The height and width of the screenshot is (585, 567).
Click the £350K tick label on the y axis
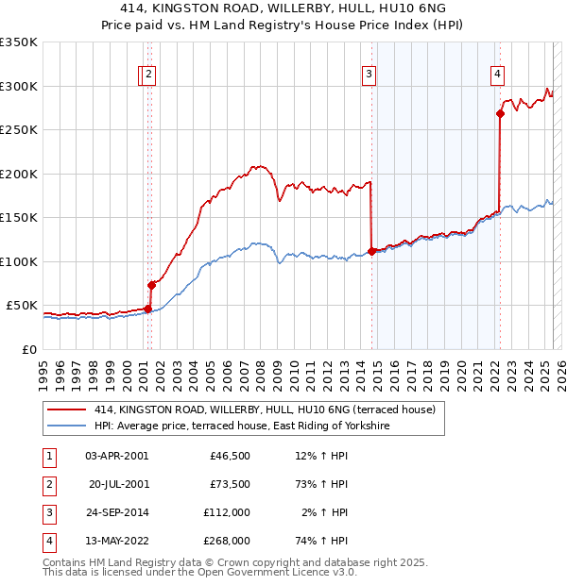coord(19,42)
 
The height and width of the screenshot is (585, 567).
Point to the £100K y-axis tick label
coord(19,261)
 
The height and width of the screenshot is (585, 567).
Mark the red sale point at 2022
coord(500,114)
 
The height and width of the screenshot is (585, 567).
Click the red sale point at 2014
coord(371,251)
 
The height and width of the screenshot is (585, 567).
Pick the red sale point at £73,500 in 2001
coord(151,285)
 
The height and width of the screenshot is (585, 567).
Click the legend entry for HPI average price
coord(242,426)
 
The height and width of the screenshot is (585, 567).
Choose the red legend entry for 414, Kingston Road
coord(265,409)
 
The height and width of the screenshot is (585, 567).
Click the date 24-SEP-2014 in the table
coord(117,512)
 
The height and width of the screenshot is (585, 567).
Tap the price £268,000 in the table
coord(227,541)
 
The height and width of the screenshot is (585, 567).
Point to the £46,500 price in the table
coord(230,456)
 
